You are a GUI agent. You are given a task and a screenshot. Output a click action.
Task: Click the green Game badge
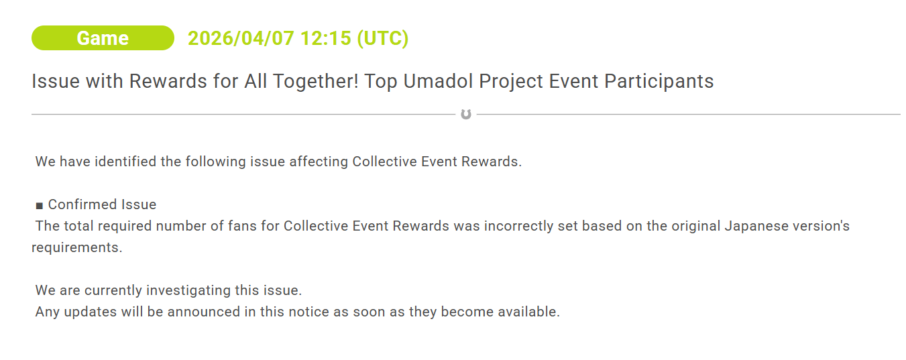click(x=103, y=38)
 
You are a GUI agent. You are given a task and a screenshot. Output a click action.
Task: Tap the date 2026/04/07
click(x=241, y=38)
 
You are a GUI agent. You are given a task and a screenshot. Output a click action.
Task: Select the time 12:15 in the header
click(x=326, y=38)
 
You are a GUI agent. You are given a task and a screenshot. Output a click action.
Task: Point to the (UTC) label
click(x=383, y=38)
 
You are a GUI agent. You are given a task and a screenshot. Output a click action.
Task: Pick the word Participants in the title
click(x=659, y=82)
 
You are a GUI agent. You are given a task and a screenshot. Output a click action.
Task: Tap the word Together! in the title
click(x=316, y=82)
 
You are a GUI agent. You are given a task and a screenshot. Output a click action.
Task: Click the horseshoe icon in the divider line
click(x=466, y=115)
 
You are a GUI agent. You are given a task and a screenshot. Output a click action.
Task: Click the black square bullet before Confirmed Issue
click(x=40, y=206)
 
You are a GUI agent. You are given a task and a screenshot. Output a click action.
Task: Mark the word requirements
click(x=77, y=247)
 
